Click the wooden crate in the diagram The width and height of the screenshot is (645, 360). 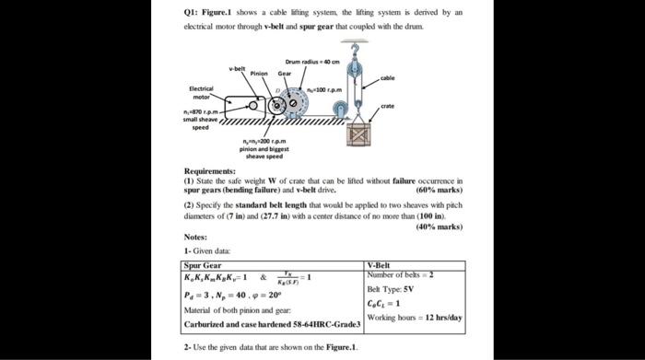358,135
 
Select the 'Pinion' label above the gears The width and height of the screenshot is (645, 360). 259,73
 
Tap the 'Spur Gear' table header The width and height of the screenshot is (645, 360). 203,265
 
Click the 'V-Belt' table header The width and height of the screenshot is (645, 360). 382,265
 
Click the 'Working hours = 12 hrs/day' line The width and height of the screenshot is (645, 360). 414,317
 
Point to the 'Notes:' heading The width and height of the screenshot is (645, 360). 194,238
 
